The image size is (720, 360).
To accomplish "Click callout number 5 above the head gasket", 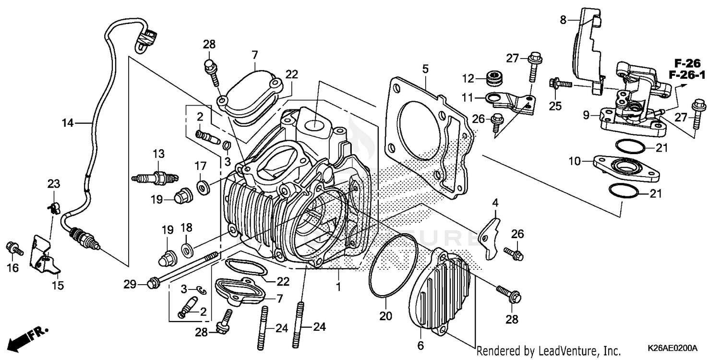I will [x=425, y=69].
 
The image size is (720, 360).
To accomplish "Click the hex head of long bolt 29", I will [x=153, y=285].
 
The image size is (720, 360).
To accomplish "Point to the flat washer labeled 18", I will [x=186, y=249].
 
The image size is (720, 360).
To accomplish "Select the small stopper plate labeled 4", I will [x=490, y=237].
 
